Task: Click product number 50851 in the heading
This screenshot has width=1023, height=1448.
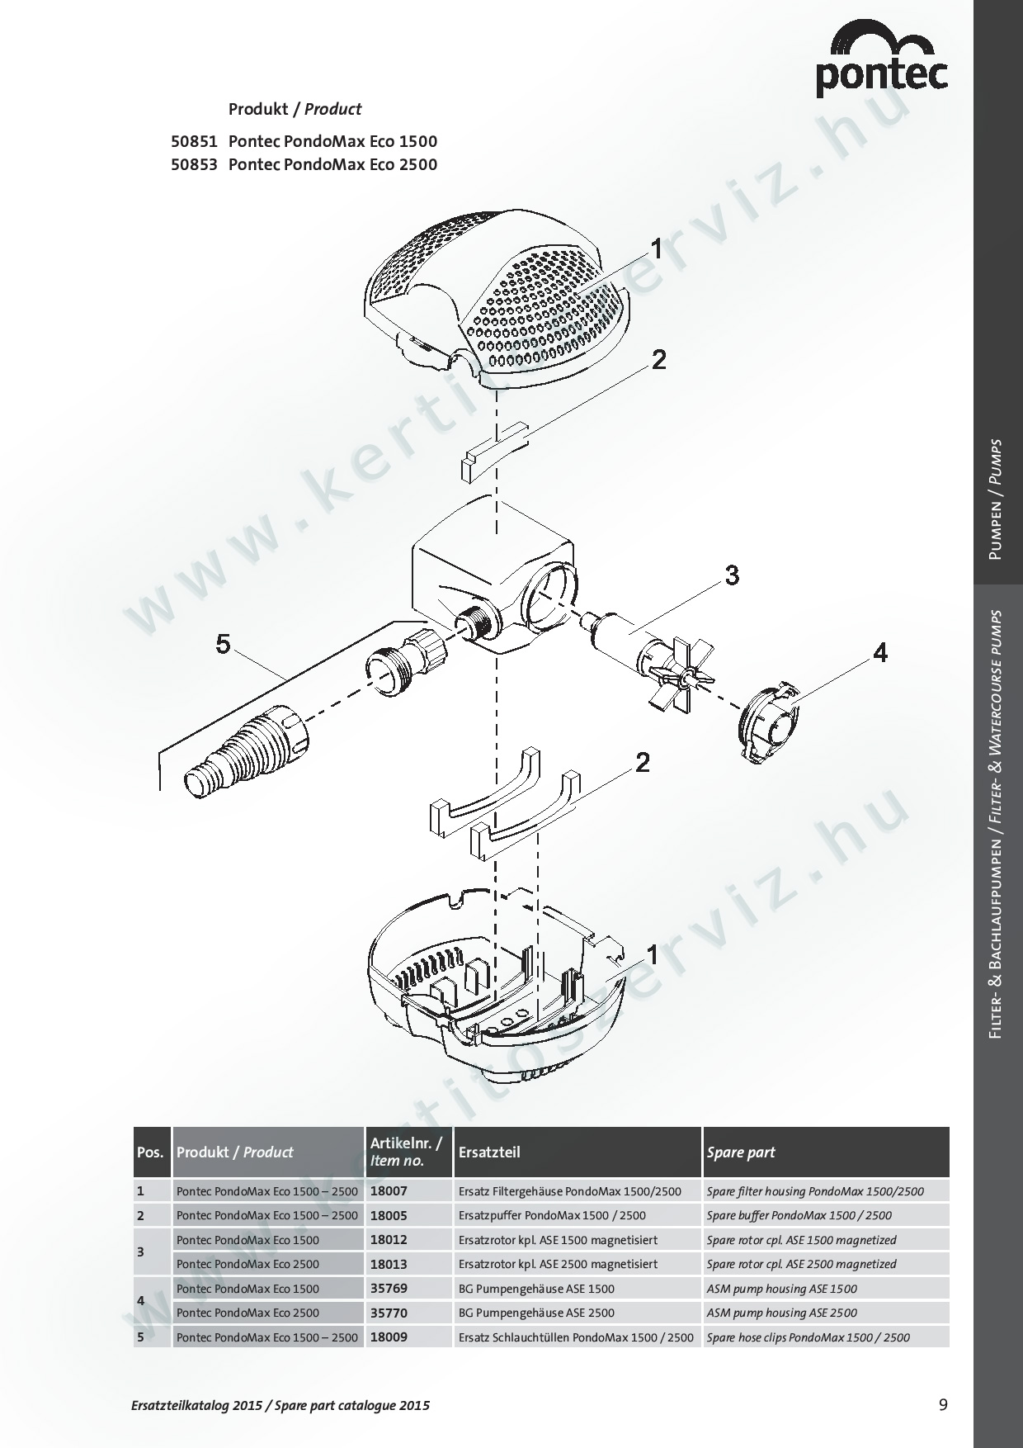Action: tap(194, 141)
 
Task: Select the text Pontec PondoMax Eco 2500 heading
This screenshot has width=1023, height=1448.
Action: tap(332, 164)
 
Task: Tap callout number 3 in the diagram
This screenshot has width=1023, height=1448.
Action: tap(732, 575)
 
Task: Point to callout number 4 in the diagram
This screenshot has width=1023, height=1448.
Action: tap(880, 653)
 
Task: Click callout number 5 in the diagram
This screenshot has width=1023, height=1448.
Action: tap(223, 644)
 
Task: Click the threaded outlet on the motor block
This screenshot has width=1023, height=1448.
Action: tap(476, 622)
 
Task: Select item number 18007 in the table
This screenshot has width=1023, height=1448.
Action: tap(389, 1191)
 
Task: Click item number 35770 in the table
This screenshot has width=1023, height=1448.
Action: tap(389, 1313)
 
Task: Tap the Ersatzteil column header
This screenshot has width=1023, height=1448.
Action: tap(488, 1152)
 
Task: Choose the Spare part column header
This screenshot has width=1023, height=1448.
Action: tap(741, 1152)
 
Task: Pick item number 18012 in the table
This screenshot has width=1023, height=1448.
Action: tap(389, 1240)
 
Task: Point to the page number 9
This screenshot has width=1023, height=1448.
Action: tap(943, 1404)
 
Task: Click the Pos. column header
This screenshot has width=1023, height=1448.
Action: tap(150, 1152)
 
